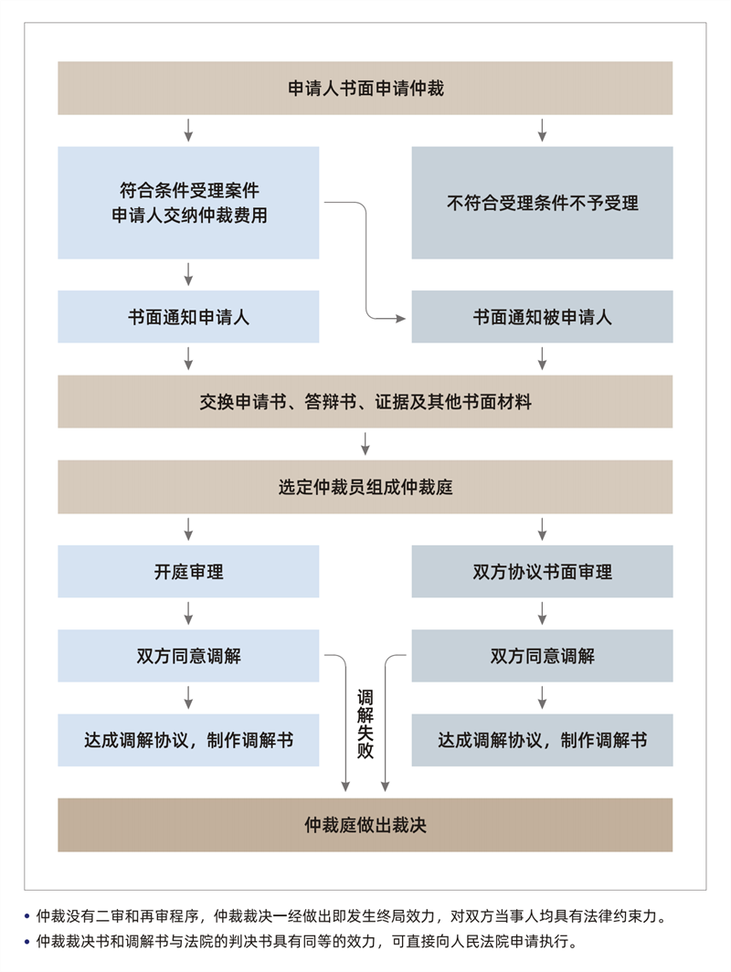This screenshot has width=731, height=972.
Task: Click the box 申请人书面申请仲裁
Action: tap(365, 88)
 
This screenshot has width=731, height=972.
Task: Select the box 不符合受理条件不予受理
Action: tap(542, 203)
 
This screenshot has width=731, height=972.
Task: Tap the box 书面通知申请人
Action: tap(188, 317)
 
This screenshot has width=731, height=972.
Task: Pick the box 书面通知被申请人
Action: tap(542, 317)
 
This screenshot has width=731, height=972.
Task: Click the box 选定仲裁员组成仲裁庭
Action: tap(365, 487)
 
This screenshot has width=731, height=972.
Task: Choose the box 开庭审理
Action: tap(188, 572)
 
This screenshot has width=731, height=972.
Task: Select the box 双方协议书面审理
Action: tap(542, 572)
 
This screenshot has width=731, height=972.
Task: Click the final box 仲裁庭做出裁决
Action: tap(365, 824)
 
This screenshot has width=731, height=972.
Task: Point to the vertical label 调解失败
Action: tap(365, 724)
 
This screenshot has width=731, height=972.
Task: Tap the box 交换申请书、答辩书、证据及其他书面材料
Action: tap(365, 402)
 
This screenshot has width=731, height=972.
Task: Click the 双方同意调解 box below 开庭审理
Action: tap(188, 656)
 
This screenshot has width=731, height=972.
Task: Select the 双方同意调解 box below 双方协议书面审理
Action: tap(542, 656)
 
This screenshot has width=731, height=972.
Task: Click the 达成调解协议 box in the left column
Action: tap(188, 740)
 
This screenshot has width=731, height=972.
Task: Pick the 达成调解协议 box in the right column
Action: tap(542, 740)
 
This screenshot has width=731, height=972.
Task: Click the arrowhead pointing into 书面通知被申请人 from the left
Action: tap(400, 319)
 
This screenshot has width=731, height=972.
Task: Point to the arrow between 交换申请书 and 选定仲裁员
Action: tap(365, 444)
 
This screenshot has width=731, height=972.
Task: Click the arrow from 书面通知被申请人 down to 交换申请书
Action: tap(542, 358)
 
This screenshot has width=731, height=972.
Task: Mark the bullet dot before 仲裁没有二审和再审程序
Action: tap(26, 916)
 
